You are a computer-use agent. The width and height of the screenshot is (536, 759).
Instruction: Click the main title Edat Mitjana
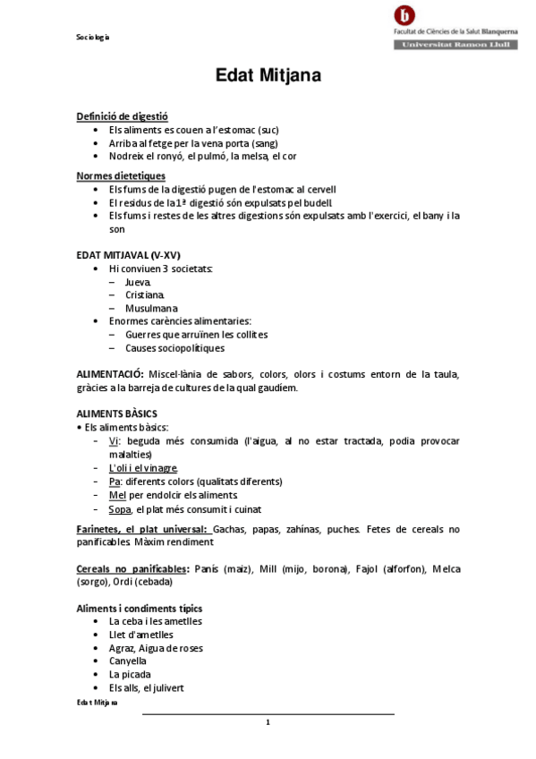[268, 76]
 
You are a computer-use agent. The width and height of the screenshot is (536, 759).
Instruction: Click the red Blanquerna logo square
[404, 15]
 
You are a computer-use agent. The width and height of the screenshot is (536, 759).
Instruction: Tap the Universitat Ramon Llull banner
[455, 43]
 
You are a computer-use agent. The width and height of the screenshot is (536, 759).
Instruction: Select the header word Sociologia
[92, 37]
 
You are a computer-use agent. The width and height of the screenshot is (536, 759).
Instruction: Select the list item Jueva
[138, 282]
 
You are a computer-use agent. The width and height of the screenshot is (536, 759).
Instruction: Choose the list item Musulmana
[151, 308]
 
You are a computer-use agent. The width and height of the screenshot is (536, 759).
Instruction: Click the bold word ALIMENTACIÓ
[110, 374]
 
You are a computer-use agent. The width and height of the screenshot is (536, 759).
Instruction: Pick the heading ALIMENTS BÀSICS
[117, 414]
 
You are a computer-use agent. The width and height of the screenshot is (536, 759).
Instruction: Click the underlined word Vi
[114, 441]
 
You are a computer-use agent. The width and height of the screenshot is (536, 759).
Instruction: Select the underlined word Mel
[116, 495]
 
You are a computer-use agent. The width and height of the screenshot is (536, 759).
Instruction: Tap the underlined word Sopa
[119, 508]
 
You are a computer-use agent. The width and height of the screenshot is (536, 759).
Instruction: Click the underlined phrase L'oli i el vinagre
[143, 468]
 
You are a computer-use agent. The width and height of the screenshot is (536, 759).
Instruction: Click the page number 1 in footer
[268, 722]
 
